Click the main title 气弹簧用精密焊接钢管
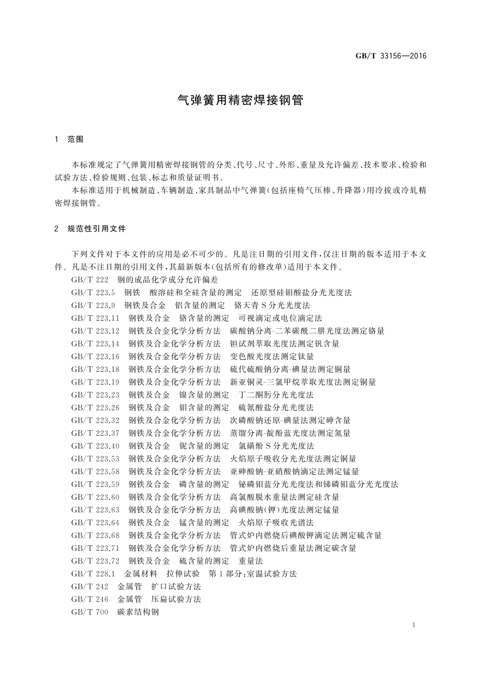click(240, 100)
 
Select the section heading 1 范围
click(69, 139)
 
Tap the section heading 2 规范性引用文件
click(90, 229)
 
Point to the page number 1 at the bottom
click(414, 625)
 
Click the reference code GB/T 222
click(90, 280)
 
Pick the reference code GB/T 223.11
click(95, 318)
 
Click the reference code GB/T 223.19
click(95, 382)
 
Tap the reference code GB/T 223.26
click(95, 407)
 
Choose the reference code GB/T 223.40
click(95, 446)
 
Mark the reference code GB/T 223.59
click(95, 484)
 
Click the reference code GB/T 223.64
click(95, 522)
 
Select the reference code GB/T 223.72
click(95, 561)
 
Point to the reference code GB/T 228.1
click(94, 574)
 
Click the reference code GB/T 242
click(90, 586)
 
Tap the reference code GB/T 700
click(90, 612)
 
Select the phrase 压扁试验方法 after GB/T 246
click(176, 599)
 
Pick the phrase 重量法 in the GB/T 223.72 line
click(251, 561)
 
